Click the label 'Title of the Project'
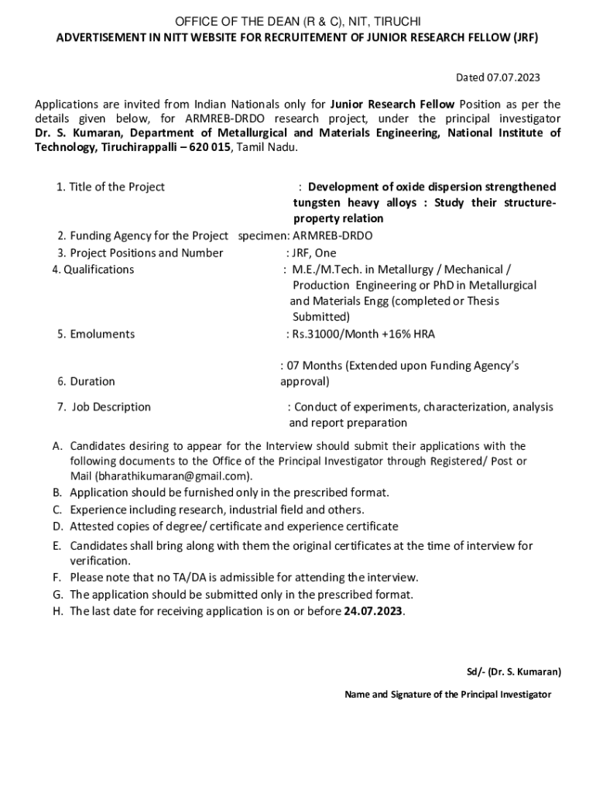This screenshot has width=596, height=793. tap(117, 187)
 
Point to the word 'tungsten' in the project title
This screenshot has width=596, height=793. tap(315, 203)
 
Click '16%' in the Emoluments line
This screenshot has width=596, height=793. tap(399, 334)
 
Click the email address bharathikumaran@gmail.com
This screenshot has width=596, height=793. tap(173, 475)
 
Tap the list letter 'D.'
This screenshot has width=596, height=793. tap(57, 526)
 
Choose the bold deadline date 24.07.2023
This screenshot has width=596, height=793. tap(374, 611)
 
